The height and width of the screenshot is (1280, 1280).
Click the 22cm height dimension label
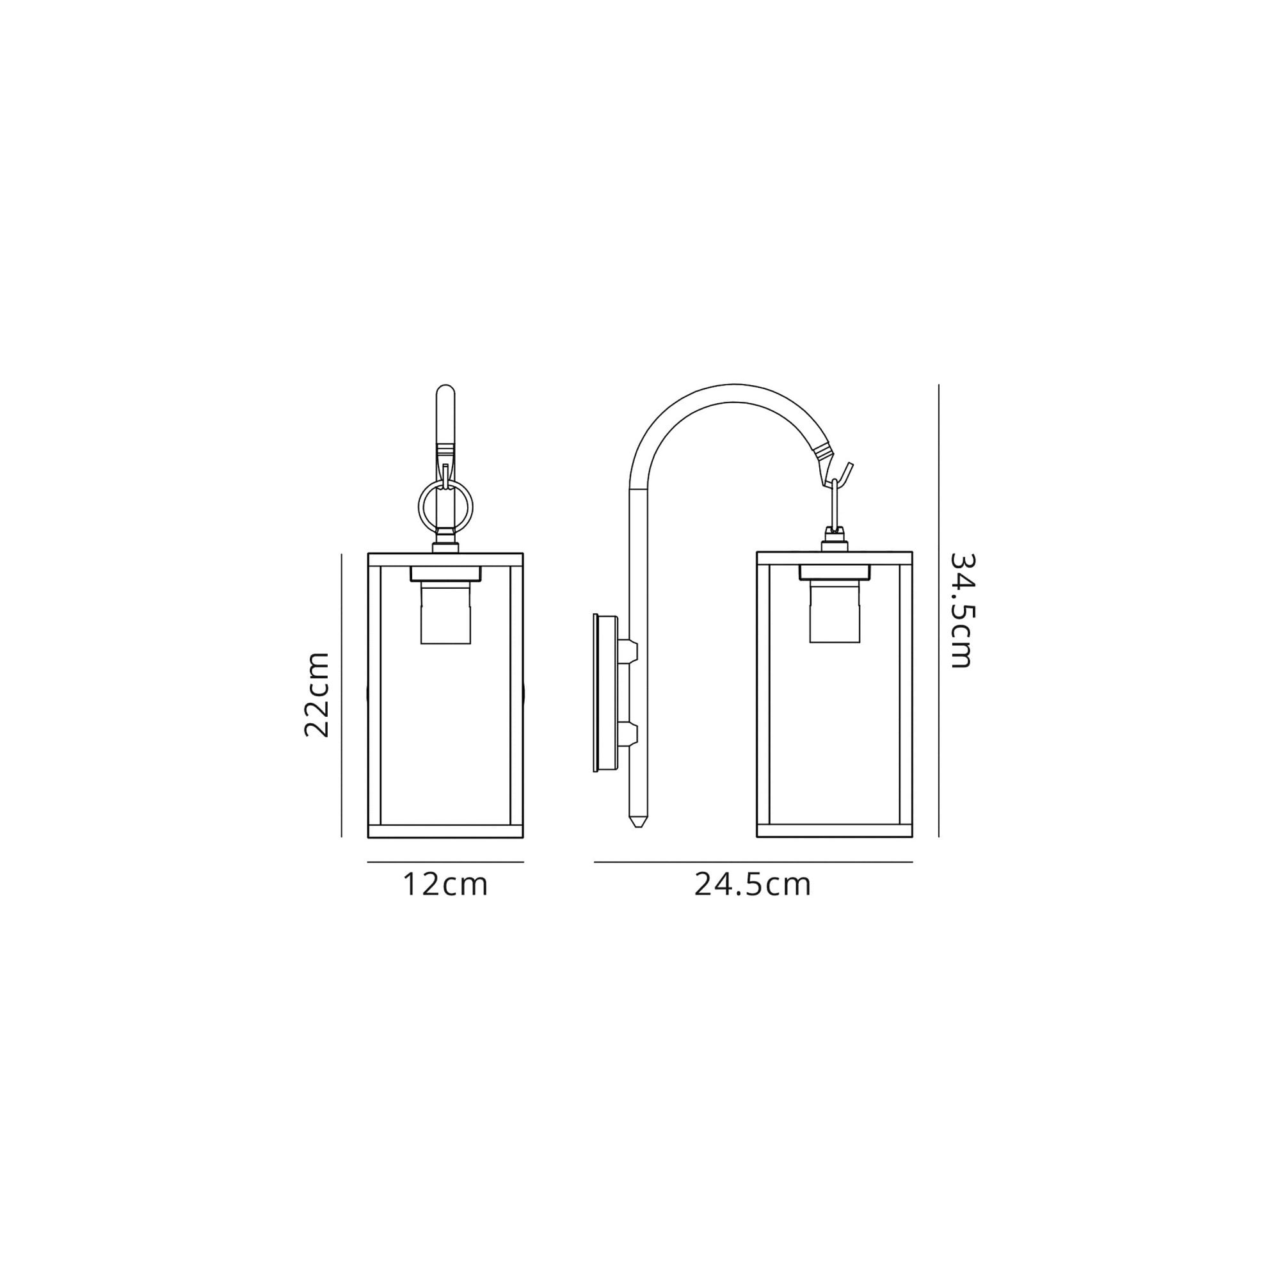317,694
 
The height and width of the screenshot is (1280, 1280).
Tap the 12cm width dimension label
445,884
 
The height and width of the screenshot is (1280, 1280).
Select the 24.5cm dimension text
753,884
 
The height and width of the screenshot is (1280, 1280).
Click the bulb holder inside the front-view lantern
445,613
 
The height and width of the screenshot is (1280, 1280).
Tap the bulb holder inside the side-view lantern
834,613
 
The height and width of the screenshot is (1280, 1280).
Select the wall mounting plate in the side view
605,693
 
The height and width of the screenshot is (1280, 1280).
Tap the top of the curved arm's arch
734,393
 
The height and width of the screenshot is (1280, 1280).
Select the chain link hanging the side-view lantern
835,504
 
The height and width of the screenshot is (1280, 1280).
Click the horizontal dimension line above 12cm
445,862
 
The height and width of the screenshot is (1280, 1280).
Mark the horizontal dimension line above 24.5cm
753,862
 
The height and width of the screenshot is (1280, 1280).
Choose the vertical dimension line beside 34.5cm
939,609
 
